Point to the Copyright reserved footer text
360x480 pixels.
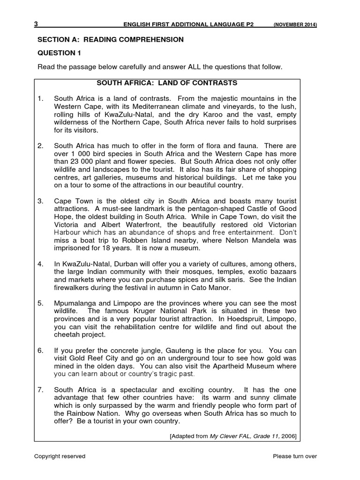(60, 456)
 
